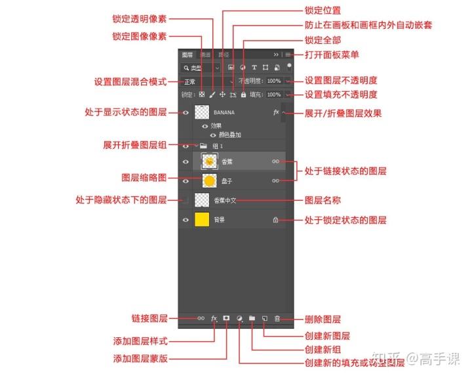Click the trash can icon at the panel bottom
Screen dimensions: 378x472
[x=277, y=318]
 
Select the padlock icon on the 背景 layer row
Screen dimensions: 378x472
[x=276, y=220]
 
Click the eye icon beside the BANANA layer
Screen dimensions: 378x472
[x=186, y=113]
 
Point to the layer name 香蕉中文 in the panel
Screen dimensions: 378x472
[x=224, y=200]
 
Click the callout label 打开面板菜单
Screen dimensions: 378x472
[x=332, y=54]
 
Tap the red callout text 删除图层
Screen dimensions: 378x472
[x=323, y=320]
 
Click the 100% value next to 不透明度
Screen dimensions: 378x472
[x=273, y=81]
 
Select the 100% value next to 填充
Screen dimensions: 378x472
[x=273, y=95]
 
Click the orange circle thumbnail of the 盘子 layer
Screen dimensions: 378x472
[x=209, y=180]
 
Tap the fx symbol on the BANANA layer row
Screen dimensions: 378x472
[x=276, y=113]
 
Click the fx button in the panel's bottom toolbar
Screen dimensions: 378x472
[x=214, y=318]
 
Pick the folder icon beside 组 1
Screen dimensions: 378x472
[x=203, y=146]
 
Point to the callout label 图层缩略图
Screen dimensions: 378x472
[x=144, y=178]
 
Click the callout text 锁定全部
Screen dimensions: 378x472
[x=323, y=40]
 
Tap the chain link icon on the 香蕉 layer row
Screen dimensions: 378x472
[x=276, y=161]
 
